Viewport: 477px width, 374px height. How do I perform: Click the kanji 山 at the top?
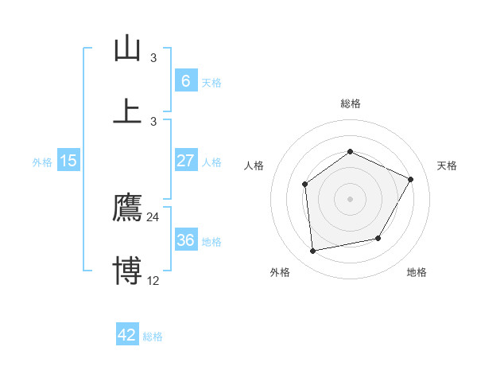click(128, 48)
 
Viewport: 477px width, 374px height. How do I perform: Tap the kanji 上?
click(128, 110)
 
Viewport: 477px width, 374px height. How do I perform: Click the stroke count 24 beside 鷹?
click(153, 217)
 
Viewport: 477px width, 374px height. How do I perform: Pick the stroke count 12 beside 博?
click(153, 280)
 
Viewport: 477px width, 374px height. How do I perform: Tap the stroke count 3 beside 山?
click(153, 58)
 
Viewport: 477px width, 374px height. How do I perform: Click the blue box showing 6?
click(185, 81)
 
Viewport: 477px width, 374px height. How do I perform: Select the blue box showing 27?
click(185, 161)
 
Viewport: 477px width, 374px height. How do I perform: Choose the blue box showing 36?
click(185, 240)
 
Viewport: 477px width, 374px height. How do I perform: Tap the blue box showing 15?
click(68, 161)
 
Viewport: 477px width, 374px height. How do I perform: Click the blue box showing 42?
click(127, 335)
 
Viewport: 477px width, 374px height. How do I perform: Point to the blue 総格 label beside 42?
click(153, 337)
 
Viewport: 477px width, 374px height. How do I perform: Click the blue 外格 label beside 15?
click(42, 162)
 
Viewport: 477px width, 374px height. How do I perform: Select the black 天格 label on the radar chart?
click(448, 166)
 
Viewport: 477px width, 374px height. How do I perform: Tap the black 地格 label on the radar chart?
click(417, 272)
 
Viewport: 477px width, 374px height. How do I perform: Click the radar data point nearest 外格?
click(313, 251)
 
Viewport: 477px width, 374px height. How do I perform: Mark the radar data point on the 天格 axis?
click(411, 179)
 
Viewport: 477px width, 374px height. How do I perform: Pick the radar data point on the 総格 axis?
click(350, 151)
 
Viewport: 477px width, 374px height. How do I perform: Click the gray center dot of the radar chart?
click(350, 199)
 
